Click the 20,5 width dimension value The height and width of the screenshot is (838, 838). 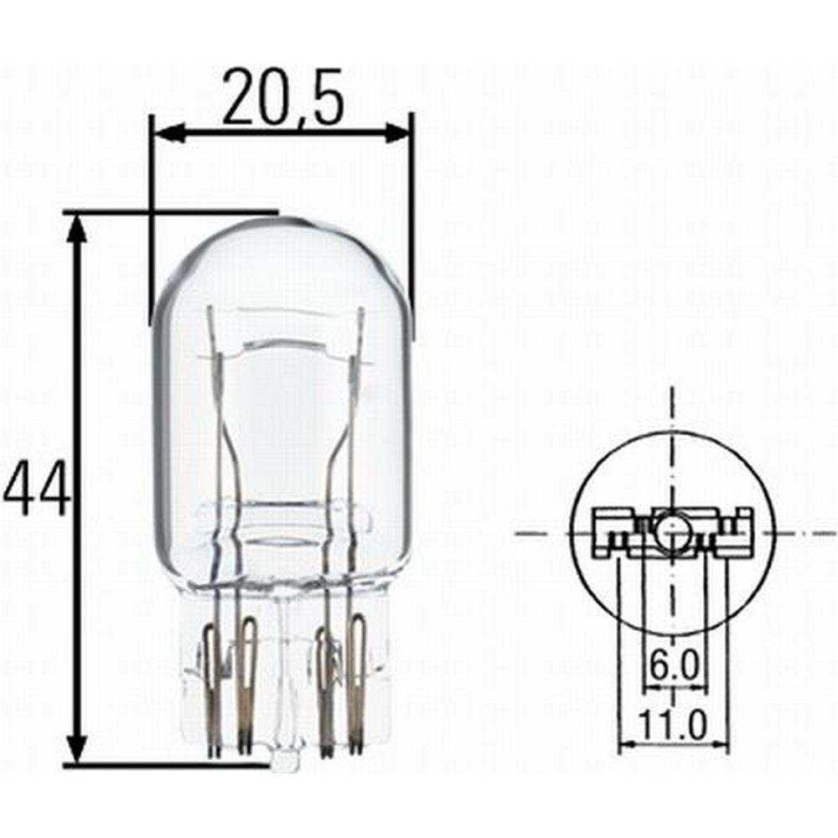pos(283,97)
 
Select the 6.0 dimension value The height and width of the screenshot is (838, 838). pos(674,665)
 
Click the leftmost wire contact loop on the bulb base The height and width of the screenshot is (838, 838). pos(212,690)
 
